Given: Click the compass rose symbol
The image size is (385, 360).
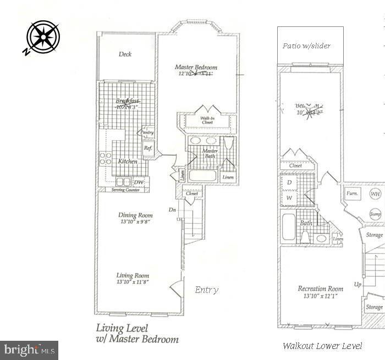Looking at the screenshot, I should pos(42,37).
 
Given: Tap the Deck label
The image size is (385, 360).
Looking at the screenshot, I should pos(125,54).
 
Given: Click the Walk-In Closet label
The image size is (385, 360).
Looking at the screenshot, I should pos(207,120).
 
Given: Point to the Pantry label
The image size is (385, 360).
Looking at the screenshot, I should pos(147,132).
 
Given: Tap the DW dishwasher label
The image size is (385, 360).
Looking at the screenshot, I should pos(139,182).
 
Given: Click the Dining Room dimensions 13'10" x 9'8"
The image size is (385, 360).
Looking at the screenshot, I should pos(134,221).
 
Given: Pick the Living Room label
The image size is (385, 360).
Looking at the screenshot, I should pos(133,275).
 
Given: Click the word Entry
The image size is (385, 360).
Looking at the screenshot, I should pos(207,290).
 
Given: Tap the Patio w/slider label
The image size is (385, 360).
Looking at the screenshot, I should pos(306,46).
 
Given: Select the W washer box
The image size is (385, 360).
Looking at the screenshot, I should pos(289,197).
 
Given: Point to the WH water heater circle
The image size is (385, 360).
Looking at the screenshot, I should pos(375,194).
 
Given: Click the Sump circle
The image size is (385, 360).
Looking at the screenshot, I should pos(375,214).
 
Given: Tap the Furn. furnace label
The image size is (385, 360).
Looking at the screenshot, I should pos(352,194).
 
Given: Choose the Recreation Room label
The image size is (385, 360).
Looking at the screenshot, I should pos(320,289).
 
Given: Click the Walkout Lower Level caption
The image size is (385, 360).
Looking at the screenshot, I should pos(322,346).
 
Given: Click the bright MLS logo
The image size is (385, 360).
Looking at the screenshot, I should pos(29,350).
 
